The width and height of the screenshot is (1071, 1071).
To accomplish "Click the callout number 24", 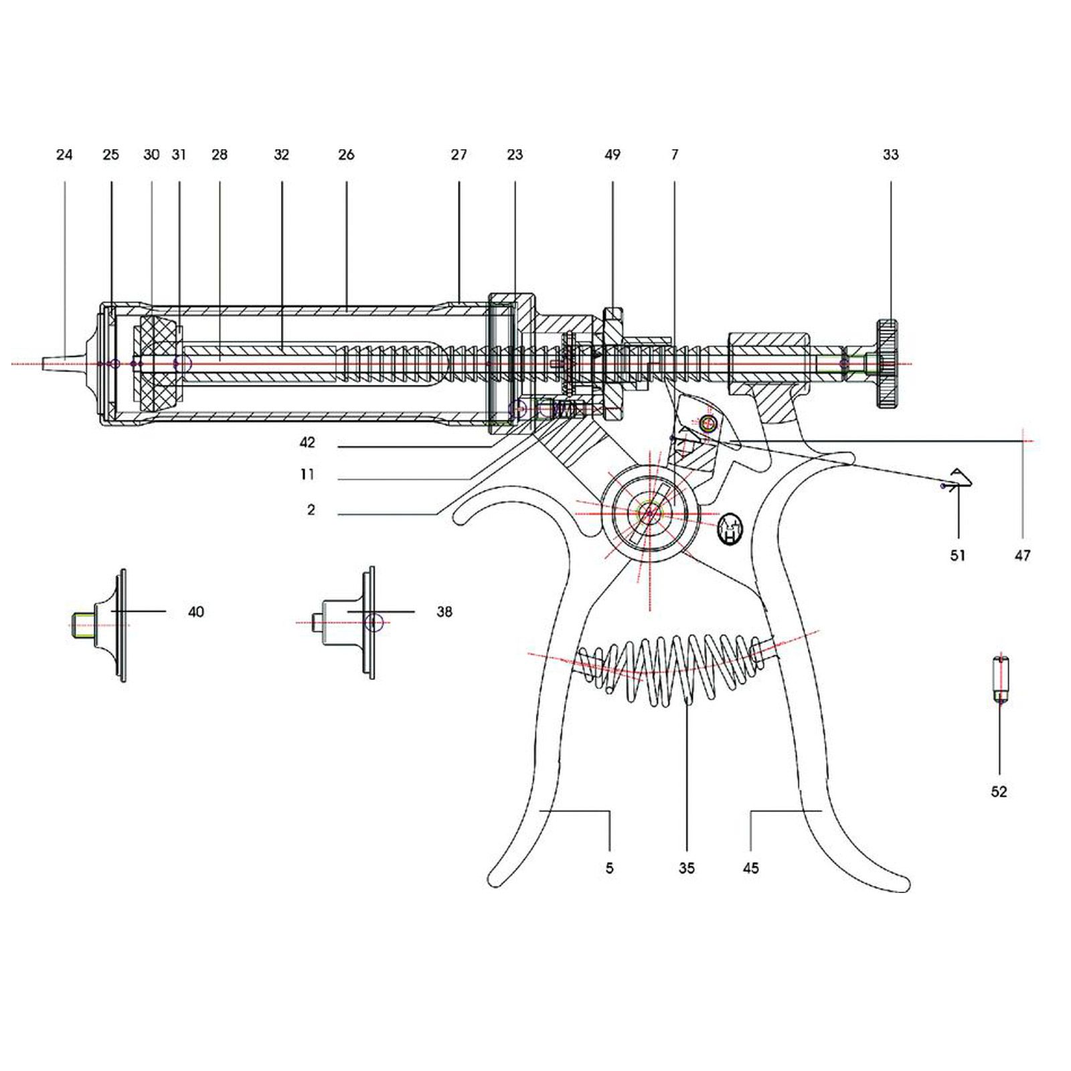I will pyautogui.click(x=64, y=155).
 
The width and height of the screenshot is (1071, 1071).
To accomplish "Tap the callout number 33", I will pyautogui.click(x=890, y=155).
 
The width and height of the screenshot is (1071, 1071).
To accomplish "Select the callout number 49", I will pyautogui.click(x=612, y=155).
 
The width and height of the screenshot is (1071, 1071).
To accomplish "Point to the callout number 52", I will pyautogui.click(x=999, y=792).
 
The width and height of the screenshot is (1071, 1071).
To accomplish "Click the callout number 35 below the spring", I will pyautogui.click(x=687, y=868).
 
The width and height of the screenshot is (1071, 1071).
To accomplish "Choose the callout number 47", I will pyautogui.click(x=1023, y=555).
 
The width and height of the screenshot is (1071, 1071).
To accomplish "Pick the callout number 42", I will pyautogui.click(x=307, y=443).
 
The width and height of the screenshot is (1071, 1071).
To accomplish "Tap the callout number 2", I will pyautogui.click(x=311, y=510).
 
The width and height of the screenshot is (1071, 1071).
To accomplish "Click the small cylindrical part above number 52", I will pyautogui.click(x=1000, y=679).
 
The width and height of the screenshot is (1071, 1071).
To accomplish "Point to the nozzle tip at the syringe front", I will pyautogui.click(x=50, y=363).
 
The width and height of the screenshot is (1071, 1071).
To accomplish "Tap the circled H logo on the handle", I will pyautogui.click(x=730, y=531).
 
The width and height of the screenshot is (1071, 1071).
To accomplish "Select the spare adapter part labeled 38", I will pyautogui.click(x=348, y=623).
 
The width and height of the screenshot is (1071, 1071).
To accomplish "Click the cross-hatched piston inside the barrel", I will pyautogui.click(x=159, y=363).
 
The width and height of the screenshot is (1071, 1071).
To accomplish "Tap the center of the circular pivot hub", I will pyautogui.click(x=649, y=513).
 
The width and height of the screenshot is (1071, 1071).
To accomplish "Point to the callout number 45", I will pyautogui.click(x=751, y=868).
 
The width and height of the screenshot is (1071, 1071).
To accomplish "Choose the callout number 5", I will pyautogui.click(x=609, y=868).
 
